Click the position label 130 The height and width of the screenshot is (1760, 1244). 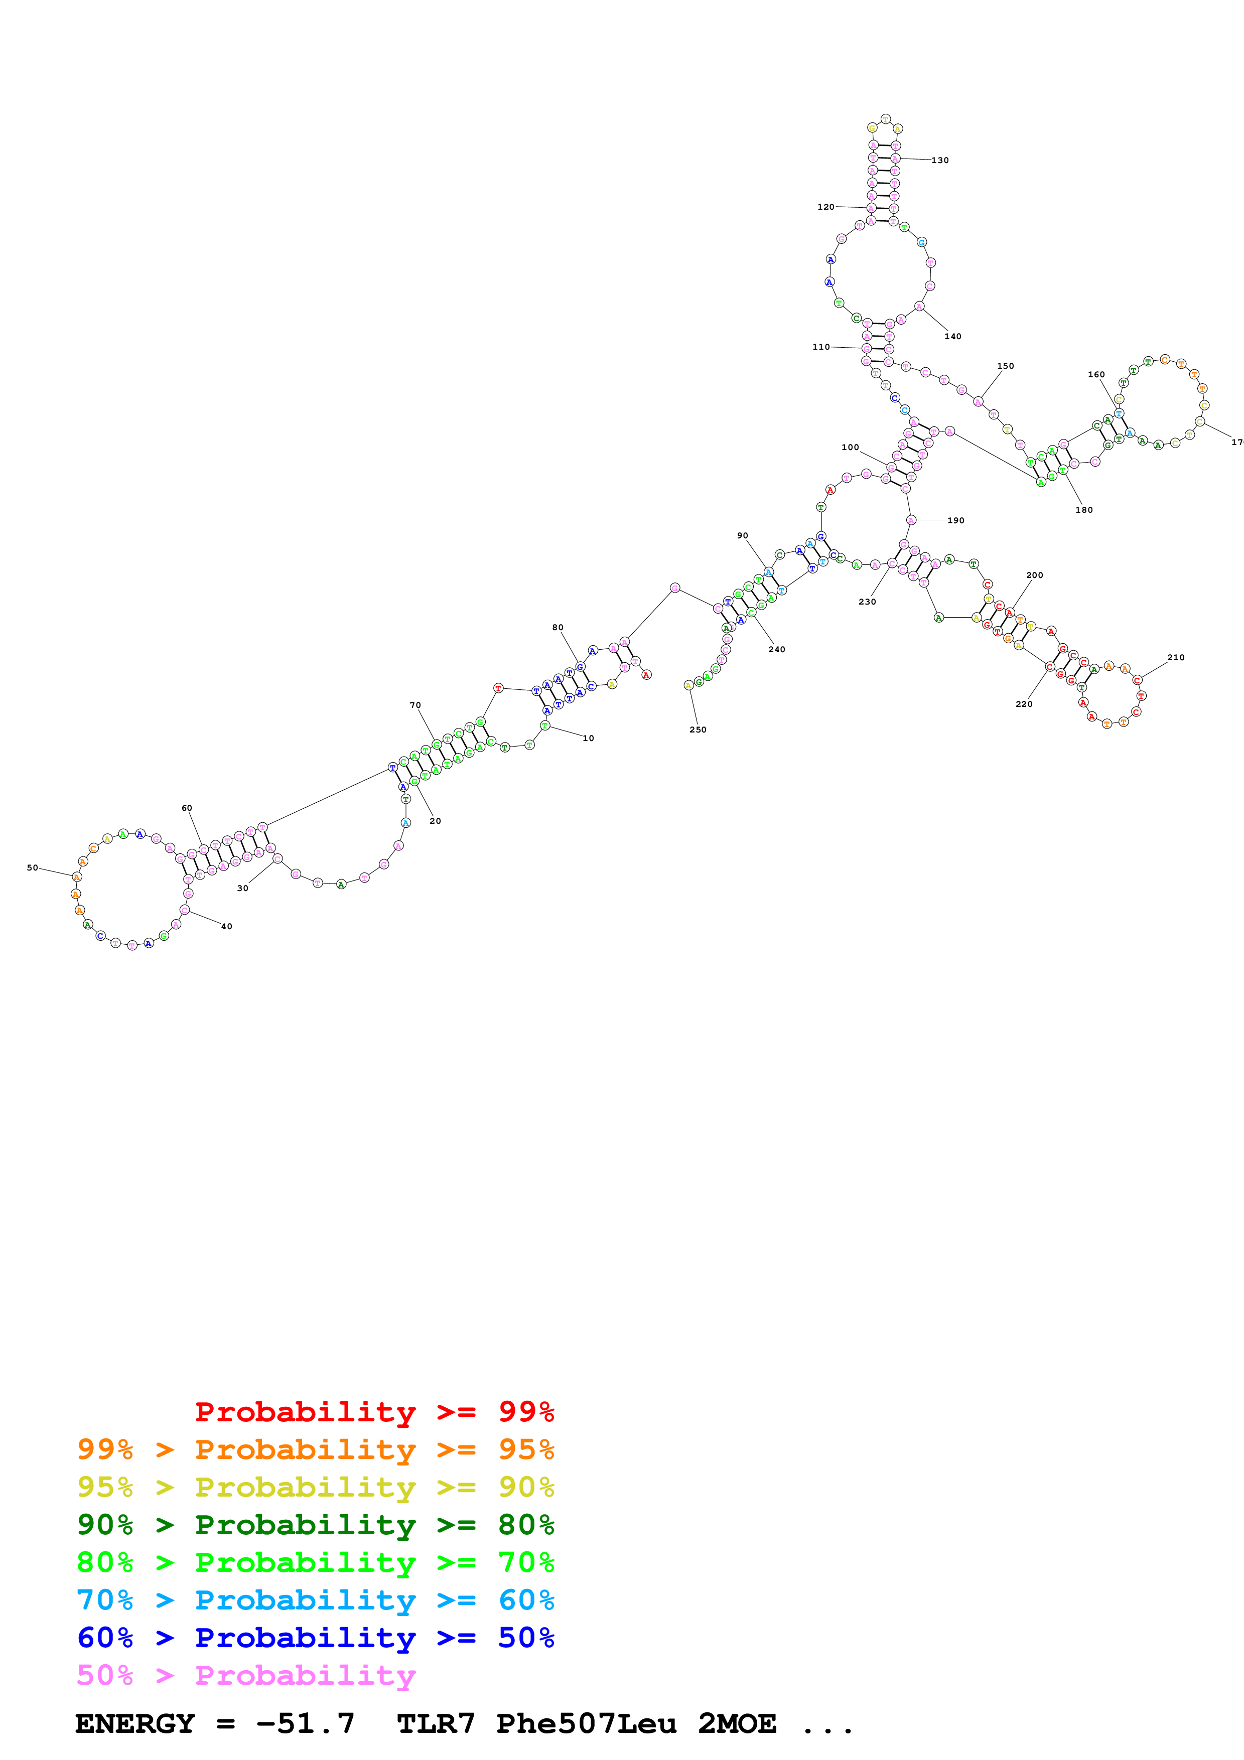click(940, 160)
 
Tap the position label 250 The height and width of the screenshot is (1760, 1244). click(698, 730)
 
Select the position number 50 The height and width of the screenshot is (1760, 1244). click(32, 868)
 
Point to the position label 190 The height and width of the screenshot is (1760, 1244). click(956, 520)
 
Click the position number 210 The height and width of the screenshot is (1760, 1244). click(1176, 658)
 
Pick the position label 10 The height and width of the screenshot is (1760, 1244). click(588, 738)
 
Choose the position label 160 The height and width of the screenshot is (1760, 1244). click(1096, 375)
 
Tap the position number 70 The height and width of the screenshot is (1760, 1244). click(414, 705)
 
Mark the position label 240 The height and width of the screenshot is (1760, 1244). click(776, 649)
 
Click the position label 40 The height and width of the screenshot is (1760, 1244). click(226, 927)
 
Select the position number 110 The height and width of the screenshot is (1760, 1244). click(821, 347)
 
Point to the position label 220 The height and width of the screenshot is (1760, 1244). click(1024, 704)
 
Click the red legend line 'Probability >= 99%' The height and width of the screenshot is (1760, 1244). click(374, 1411)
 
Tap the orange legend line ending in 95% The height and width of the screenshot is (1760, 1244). click(315, 1449)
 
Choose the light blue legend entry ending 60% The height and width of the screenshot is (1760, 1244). click(315, 1600)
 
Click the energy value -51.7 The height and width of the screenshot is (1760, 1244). click(305, 1723)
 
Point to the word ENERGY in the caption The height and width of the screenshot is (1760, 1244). click(135, 1723)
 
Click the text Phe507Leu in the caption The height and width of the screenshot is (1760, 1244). click(586, 1723)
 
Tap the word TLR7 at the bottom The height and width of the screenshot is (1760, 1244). click(436, 1723)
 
